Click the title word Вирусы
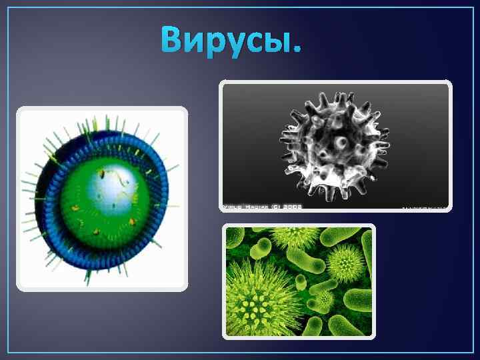tap(230, 41)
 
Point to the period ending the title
tap(296, 51)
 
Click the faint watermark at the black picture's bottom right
tap(424, 207)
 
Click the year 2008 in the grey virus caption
tap(292, 207)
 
